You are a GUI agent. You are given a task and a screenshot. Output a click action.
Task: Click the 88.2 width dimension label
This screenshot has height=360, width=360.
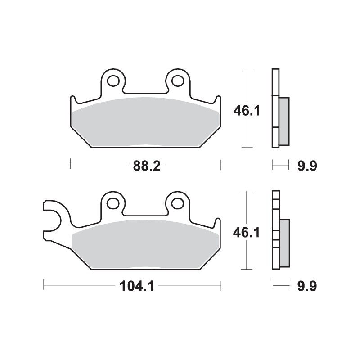tap(146, 166)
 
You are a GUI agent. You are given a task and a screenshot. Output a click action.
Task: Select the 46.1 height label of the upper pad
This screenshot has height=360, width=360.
tap(246, 110)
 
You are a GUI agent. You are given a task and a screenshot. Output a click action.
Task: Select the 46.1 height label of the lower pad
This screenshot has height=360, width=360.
tap(246, 232)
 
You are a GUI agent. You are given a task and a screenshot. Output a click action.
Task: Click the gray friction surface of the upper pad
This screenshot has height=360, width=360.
tap(146, 121)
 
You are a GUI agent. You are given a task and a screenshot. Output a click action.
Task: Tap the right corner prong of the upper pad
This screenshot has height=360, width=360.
tap(218, 101)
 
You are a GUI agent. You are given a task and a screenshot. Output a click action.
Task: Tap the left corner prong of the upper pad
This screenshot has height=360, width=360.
tap(73, 101)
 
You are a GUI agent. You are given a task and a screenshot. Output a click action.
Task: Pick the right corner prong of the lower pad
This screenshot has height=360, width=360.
tap(218, 224)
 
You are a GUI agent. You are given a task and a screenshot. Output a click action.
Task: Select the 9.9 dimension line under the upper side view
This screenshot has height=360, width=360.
tap(280, 166)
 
